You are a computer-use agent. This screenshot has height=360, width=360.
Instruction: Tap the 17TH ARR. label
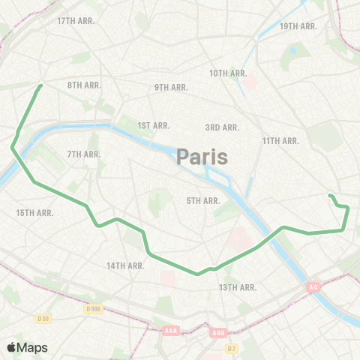76,21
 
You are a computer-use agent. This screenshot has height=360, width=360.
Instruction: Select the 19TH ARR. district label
298,26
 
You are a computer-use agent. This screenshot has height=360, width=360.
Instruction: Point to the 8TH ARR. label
84,85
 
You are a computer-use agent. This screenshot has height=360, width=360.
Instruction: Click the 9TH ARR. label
171,88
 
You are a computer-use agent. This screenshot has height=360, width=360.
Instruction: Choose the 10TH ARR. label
228,73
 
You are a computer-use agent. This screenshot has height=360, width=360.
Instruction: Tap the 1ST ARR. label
154,125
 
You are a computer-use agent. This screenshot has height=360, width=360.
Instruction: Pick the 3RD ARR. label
222,127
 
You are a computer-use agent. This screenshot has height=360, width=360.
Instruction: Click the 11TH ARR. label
281,141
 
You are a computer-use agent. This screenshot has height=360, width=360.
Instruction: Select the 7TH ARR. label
83,154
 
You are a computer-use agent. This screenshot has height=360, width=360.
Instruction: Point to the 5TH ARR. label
202,200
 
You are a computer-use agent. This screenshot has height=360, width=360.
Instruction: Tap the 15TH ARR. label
34,213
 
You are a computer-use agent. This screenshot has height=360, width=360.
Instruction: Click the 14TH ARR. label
125,265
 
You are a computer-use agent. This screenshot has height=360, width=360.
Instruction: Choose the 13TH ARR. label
238,287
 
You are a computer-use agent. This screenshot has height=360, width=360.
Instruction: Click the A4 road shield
313,286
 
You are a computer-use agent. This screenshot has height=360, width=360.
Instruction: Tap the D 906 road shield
93,309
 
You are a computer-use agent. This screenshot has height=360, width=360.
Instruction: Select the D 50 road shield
43,319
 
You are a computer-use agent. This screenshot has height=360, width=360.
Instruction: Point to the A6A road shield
172,329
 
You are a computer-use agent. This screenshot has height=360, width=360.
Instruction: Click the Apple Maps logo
27,347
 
